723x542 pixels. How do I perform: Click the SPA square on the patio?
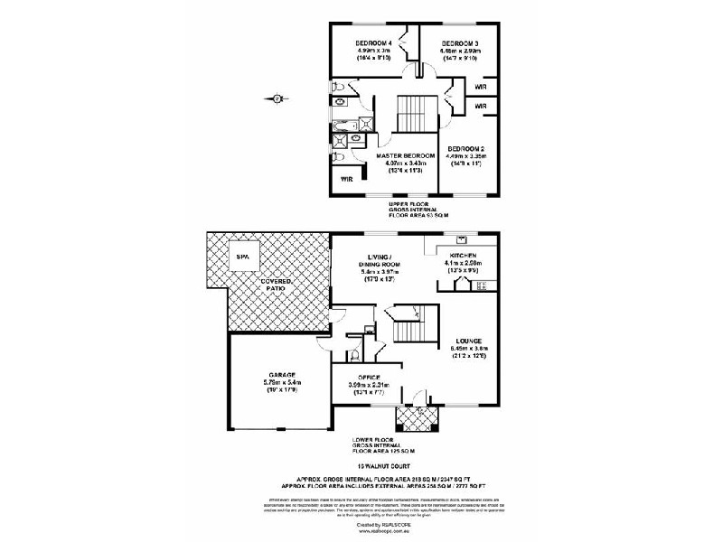241,257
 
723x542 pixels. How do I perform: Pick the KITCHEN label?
468,256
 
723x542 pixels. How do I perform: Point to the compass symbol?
277,98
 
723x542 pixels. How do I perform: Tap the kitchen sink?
463,241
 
